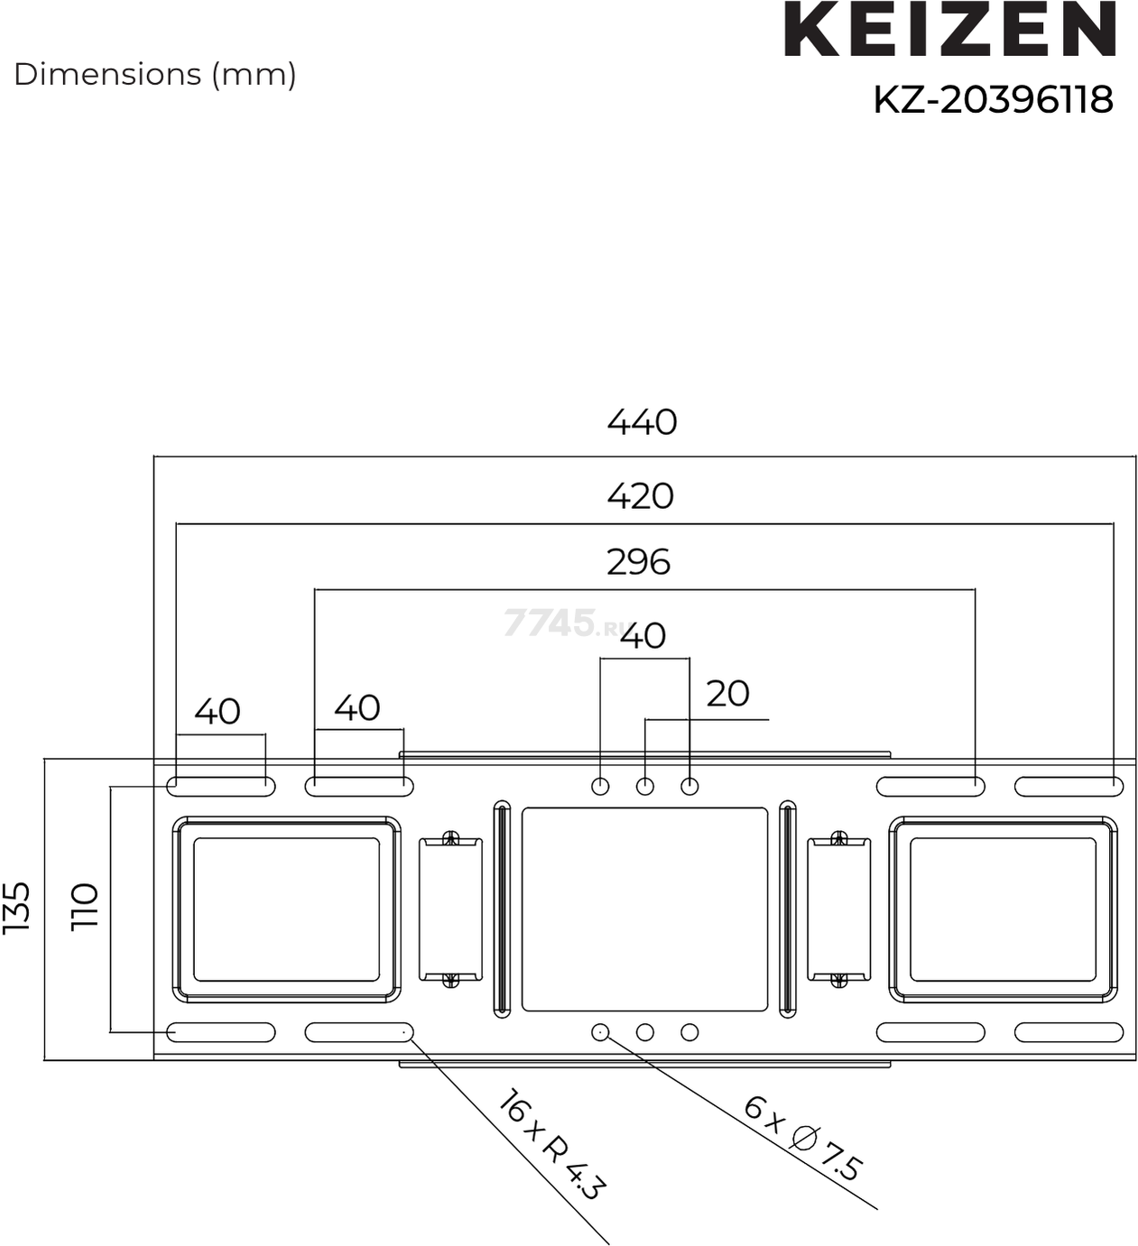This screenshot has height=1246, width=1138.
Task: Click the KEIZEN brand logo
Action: [949, 29]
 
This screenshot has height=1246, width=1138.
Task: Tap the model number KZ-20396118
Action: [993, 99]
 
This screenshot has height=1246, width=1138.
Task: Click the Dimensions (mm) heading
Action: [154, 75]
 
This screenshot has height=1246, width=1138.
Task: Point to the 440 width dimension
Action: [642, 422]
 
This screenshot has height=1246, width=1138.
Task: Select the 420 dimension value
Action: [640, 496]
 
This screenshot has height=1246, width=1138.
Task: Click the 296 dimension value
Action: [638, 561]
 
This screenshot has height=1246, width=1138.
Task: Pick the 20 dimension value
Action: [727, 693]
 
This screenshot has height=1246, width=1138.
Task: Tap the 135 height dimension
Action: [17, 907]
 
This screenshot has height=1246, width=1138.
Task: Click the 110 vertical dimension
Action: [85, 906]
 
